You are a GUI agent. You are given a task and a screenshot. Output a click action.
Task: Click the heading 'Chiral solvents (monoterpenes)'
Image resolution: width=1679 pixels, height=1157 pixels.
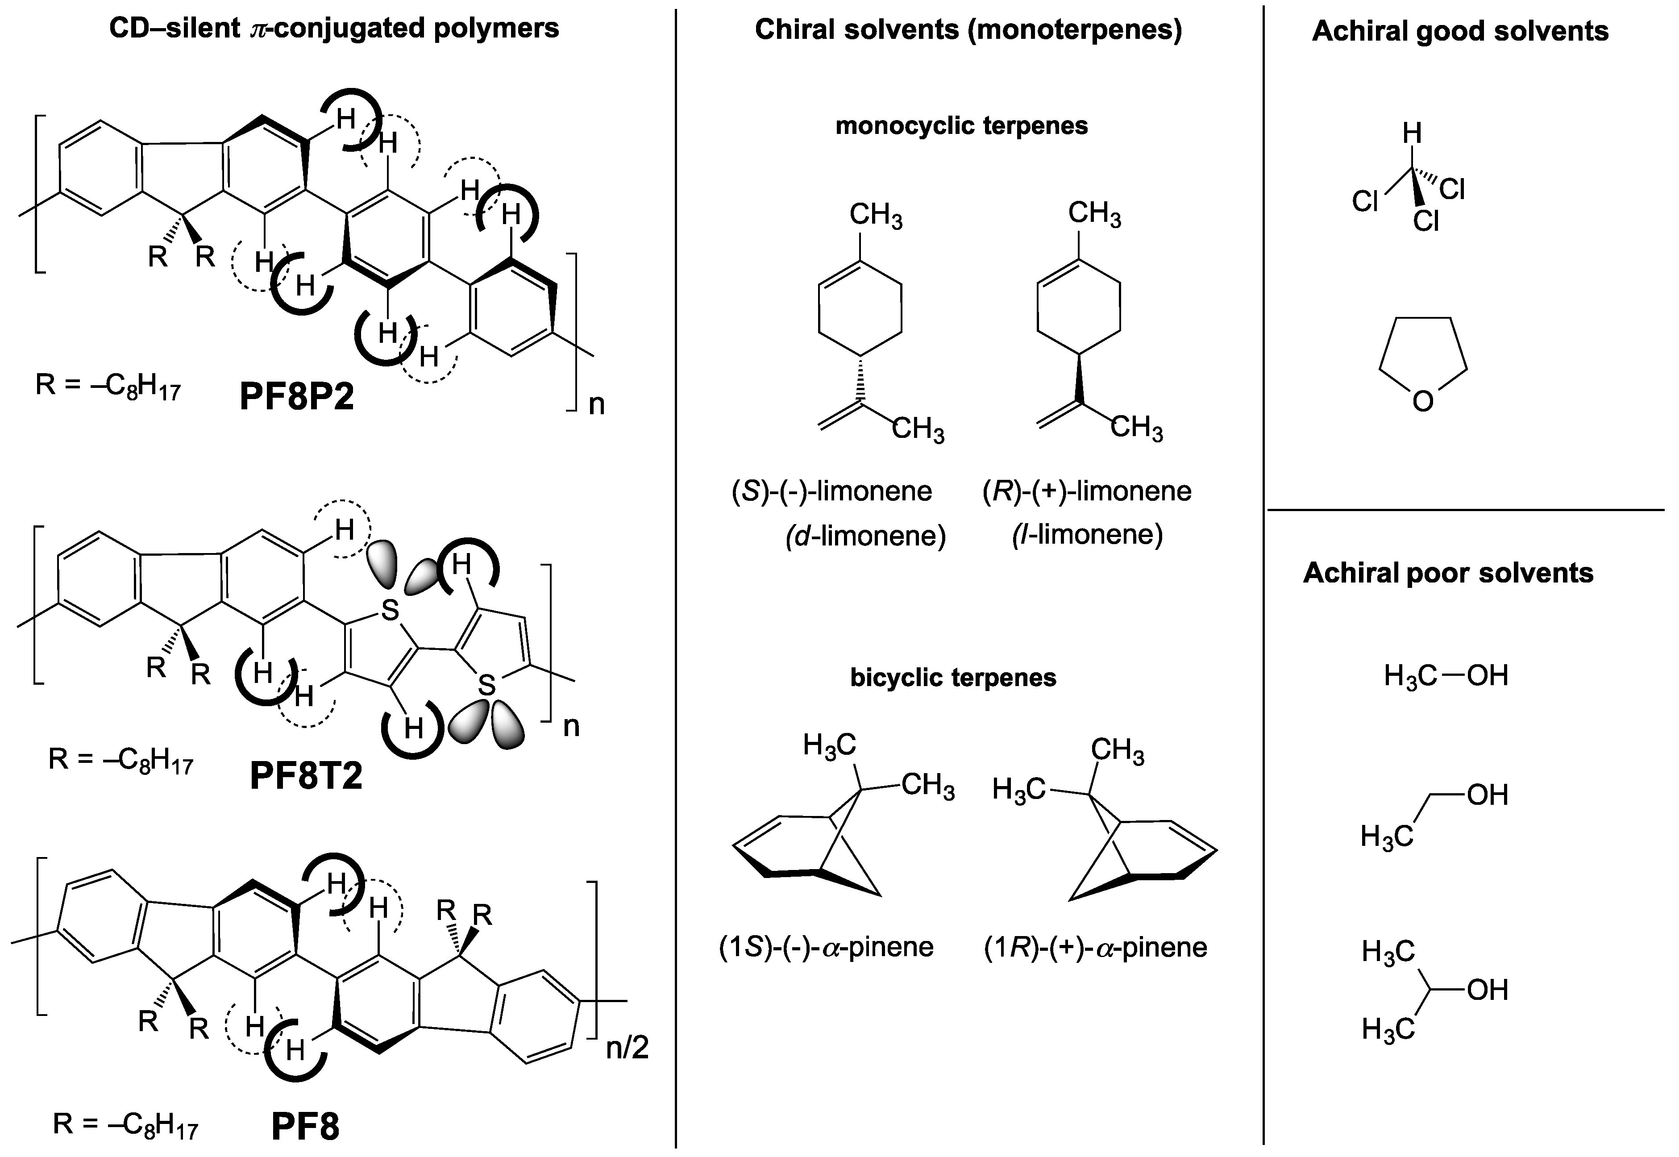[968, 30]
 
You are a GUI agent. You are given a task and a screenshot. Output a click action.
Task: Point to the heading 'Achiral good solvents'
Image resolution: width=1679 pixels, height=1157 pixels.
[1460, 31]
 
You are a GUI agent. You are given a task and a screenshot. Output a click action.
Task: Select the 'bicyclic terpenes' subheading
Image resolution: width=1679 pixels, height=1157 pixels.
[953, 678]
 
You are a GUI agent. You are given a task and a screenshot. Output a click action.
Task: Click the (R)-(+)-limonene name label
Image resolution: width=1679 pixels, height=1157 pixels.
[1087, 491]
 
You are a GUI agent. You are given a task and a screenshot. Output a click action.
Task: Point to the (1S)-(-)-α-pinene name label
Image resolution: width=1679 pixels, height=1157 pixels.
[826, 948]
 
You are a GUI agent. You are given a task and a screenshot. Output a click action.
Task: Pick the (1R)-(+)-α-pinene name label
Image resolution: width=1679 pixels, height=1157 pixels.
[1096, 948]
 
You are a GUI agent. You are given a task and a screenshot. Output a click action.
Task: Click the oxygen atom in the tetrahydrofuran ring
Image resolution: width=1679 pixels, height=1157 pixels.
[1422, 401]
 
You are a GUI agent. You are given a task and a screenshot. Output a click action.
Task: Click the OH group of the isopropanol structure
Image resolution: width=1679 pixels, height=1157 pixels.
[1487, 990]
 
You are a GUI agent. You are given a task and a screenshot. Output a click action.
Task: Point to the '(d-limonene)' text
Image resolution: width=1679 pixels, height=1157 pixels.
[866, 536]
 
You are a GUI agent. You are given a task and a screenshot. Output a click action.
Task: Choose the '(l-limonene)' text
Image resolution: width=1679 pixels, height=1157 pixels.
[1087, 534]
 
